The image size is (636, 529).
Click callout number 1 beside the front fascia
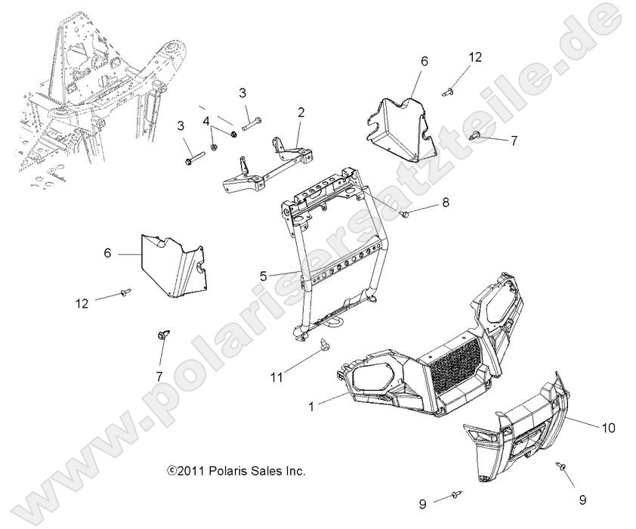click(x=311, y=406)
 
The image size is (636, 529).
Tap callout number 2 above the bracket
click(x=301, y=113)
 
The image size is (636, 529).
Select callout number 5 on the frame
click(x=264, y=277)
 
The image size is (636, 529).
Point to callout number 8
click(x=446, y=202)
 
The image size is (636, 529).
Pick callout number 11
click(x=276, y=378)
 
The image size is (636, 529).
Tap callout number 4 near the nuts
click(x=207, y=121)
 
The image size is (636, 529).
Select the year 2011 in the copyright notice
click(x=193, y=471)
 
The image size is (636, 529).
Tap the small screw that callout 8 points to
click(x=404, y=214)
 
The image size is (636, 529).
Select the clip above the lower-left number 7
click(x=163, y=335)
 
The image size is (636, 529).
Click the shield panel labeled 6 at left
click(x=174, y=265)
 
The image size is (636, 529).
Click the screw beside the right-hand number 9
click(x=563, y=467)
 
